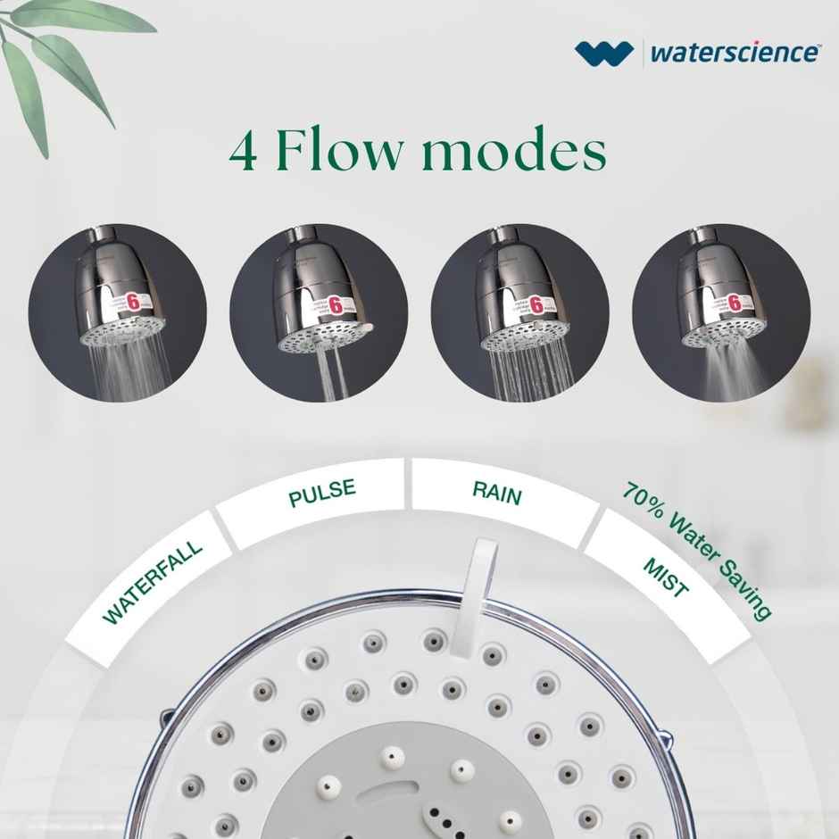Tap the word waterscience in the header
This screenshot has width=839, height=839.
pos(734,52)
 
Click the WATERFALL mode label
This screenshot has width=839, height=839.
pos(153,581)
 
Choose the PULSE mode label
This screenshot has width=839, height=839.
pos(321,493)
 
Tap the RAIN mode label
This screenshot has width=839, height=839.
pos(496,493)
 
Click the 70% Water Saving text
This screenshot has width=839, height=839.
pos(697,550)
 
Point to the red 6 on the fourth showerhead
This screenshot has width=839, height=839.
pos(735,303)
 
